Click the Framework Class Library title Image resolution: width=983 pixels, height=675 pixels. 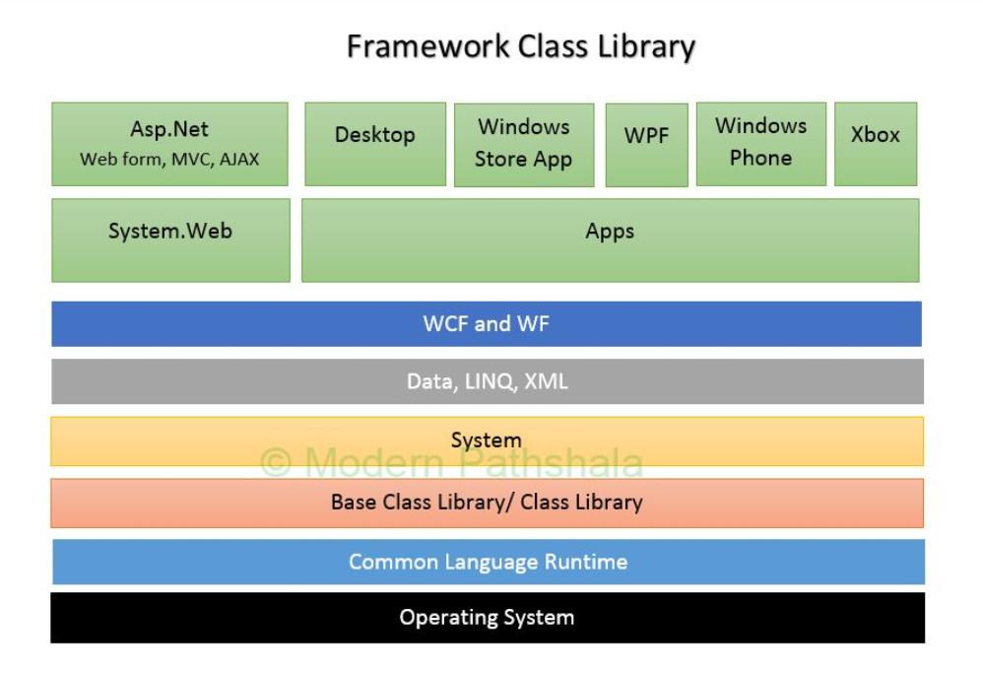(x=520, y=46)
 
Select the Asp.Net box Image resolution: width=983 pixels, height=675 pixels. (x=169, y=144)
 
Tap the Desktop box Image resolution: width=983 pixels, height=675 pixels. (x=374, y=144)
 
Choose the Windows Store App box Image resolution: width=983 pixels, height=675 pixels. (x=523, y=145)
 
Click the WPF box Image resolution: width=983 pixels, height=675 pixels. (x=646, y=145)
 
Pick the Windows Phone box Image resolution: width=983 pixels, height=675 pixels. (x=760, y=144)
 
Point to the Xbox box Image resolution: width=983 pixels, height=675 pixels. (x=875, y=144)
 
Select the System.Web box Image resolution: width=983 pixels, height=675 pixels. (x=170, y=240)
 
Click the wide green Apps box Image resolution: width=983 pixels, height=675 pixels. (x=610, y=240)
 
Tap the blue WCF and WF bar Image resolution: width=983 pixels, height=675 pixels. (x=487, y=324)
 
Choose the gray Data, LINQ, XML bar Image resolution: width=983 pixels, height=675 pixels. (x=487, y=381)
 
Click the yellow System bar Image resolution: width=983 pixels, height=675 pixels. (x=487, y=440)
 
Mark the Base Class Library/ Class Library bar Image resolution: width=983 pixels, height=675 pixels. (x=487, y=503)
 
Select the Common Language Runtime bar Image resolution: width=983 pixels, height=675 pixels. (x=488, y=562)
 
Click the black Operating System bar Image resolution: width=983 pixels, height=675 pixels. (x=487, y=618)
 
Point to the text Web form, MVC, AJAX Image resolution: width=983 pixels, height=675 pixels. (x=169, y=159)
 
